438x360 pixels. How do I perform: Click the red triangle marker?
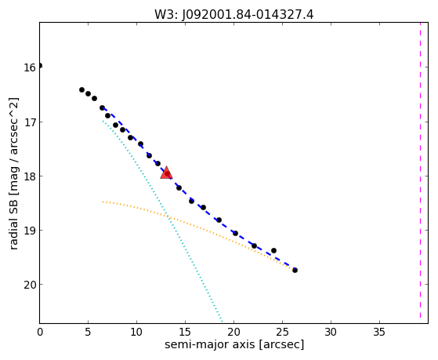166,173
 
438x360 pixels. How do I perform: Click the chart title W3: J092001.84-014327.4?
233,15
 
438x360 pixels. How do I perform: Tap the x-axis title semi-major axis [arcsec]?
234,344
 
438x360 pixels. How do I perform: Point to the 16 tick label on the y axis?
30,67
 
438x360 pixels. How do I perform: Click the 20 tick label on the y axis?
30,285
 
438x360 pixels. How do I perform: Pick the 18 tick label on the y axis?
30,176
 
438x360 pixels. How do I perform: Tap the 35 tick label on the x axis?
379,333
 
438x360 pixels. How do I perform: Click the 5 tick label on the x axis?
88,333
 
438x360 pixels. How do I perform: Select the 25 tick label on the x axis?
282,333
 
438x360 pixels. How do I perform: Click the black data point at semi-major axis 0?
40,66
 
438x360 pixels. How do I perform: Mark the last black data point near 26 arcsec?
295,271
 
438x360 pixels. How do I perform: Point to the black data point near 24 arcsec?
273,251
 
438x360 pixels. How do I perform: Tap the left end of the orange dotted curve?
103,202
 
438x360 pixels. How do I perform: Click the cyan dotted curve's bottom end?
222,322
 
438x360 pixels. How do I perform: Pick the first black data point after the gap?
81,89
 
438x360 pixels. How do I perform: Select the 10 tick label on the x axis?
136,333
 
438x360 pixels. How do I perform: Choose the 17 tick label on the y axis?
30,122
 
